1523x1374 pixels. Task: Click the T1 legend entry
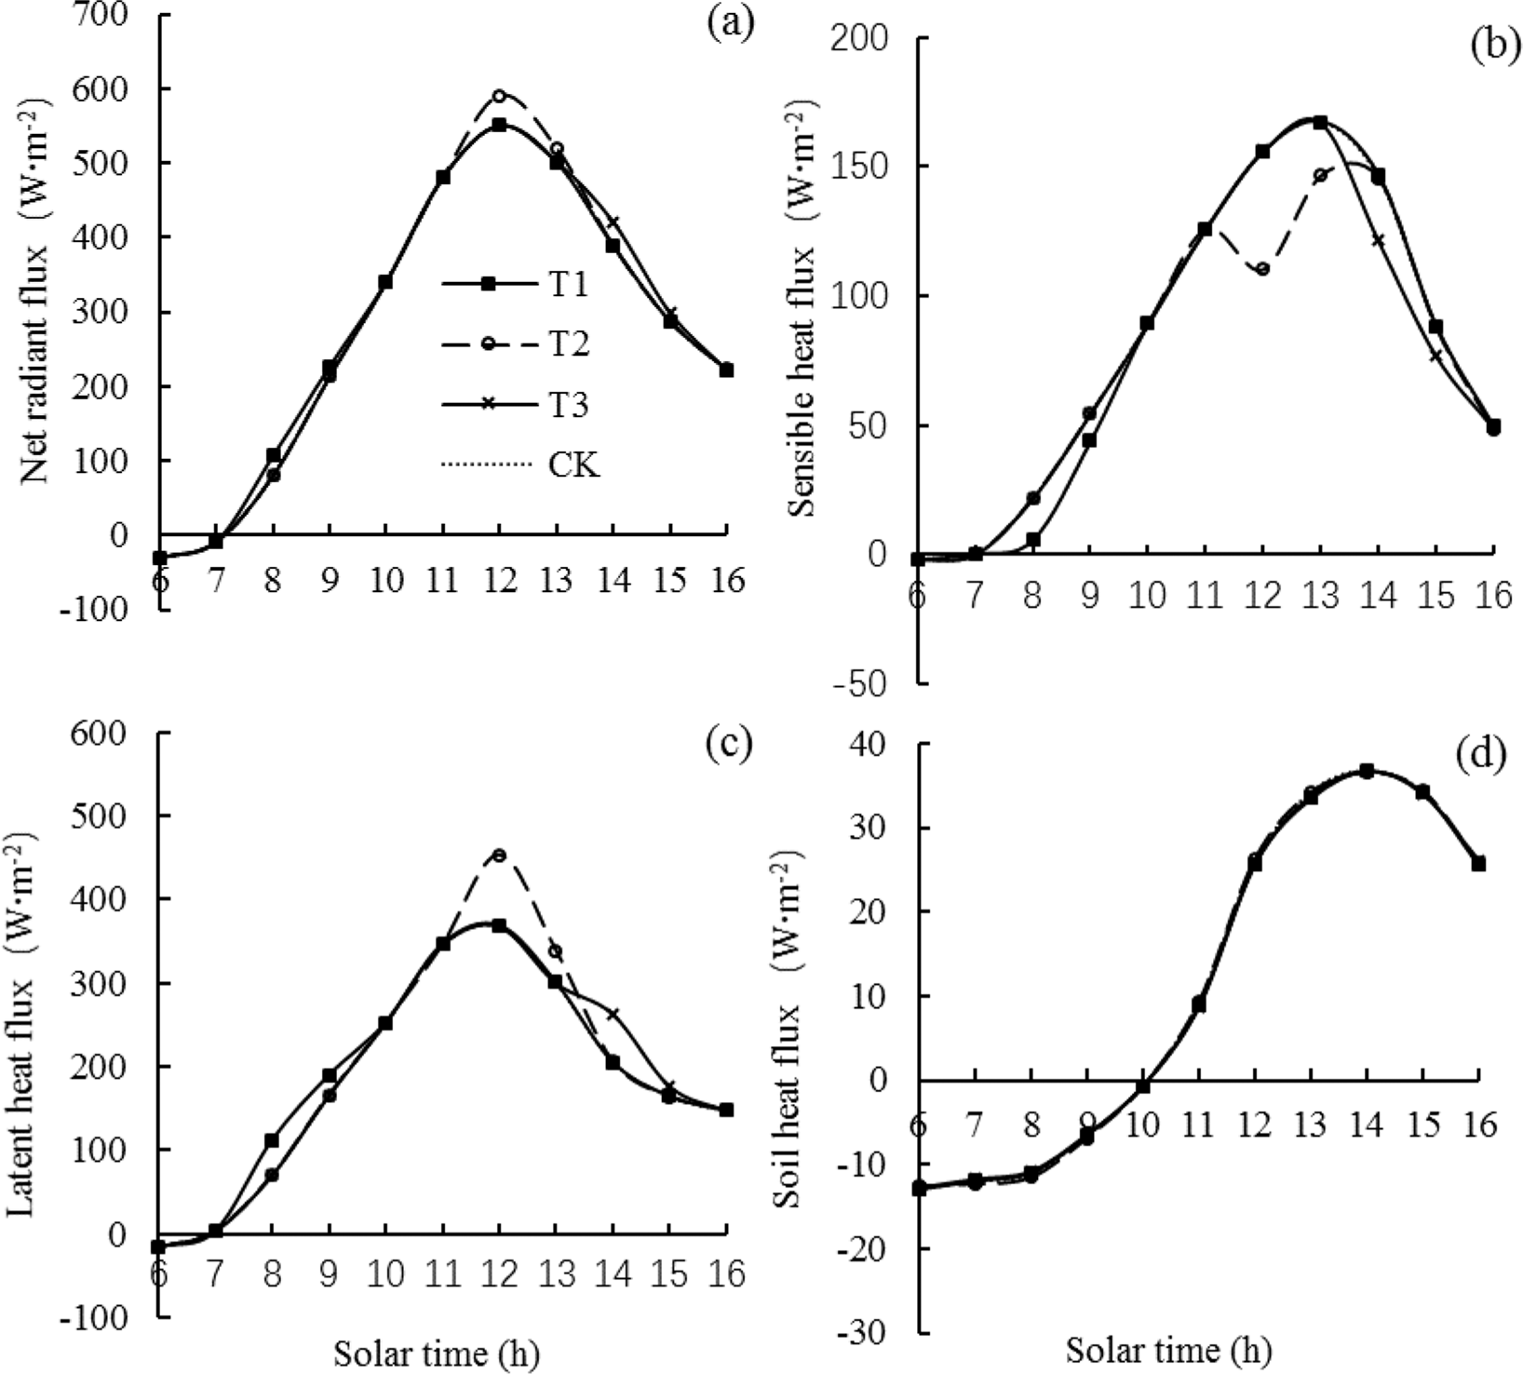(x=566, y=284)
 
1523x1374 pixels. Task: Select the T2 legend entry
(x=566, y=344)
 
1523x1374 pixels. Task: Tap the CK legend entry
(x=573, y=464)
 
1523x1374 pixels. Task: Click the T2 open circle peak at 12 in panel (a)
(x=499, y=96)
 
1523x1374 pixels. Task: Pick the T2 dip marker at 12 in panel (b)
(x=1262, y=269)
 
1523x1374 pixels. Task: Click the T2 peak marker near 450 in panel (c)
(x=499, y=855)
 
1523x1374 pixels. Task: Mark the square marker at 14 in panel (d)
(x=1367, y=771)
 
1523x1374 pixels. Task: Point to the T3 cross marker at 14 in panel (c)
(x=613, y=1014)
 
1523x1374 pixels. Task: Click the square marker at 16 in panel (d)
(x=1478, y=864)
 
